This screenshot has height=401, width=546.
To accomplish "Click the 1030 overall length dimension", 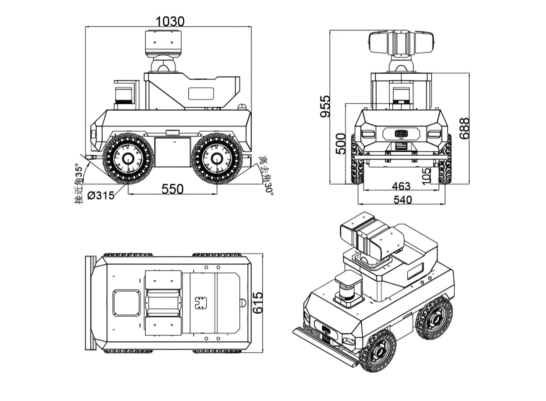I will (x=170, y=21).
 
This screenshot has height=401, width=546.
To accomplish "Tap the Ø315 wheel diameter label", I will (x=101, y=195).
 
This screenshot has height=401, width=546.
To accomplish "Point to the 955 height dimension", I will (x=325, y=107).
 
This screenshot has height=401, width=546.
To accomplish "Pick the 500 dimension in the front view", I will (x=341, y=144).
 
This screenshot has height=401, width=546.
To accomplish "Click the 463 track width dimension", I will (x=401, y=186).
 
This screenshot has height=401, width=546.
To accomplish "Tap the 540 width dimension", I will (x=402, y=200).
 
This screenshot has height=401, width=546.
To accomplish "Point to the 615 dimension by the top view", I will (x=258, y=303).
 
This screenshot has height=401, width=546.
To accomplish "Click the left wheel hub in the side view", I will (x=128, y=159).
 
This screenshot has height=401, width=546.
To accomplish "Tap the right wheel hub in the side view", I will (x=217, y=159).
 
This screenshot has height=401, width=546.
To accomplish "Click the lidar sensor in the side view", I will (x=124, y=94).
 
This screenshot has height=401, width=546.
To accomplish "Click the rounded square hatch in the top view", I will (x=126, y=302).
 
